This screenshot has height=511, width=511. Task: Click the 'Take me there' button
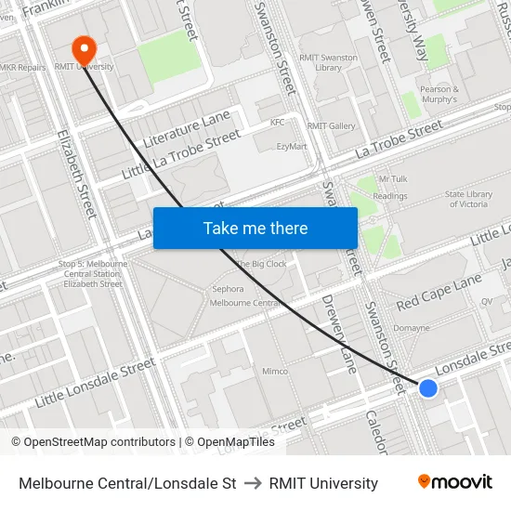pyautogui.click(x=255, y=228)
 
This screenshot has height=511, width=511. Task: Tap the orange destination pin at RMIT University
pyautogui.click(x=84, y=49)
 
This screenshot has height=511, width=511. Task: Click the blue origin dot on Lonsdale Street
pyautogui.click(x=428, y=387)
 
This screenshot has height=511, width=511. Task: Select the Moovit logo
pyautogui.click(x=455, y=482)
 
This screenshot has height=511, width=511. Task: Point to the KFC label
pyautogui.click(x=278, y=122)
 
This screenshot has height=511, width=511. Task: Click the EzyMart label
pyautogui.click(x=292, y=147)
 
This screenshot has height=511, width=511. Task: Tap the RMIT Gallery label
pyautogui.click(x=332, y=125)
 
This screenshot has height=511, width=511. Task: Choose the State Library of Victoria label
pyautogui.click(x=467, y=200)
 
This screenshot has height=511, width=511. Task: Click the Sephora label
pyautogui.click(x=228, y=289)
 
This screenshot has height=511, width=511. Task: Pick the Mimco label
pyautogui.click(x=275, y=371)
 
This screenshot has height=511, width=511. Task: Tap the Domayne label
pyautogui.click(x=412, y=328)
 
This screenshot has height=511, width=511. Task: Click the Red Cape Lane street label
pyautogui.click(x=439, y=292)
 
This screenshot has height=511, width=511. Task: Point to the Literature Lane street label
pyautogui.click(x=187, y=129)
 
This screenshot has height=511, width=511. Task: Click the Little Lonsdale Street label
pyautogui.click(x=95, y=384)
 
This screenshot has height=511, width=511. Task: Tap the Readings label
pyautogui.click(x=390, y=196)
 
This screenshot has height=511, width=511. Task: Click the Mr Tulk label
pyautogui.click(x=394, y=179)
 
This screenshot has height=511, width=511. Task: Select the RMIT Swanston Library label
pyautogui.click(x=335, y=62)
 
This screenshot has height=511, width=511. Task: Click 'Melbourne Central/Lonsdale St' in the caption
pyautogui.click(x=127, y=483)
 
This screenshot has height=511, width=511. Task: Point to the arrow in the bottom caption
pyautogui.click(x=253, y=483)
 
